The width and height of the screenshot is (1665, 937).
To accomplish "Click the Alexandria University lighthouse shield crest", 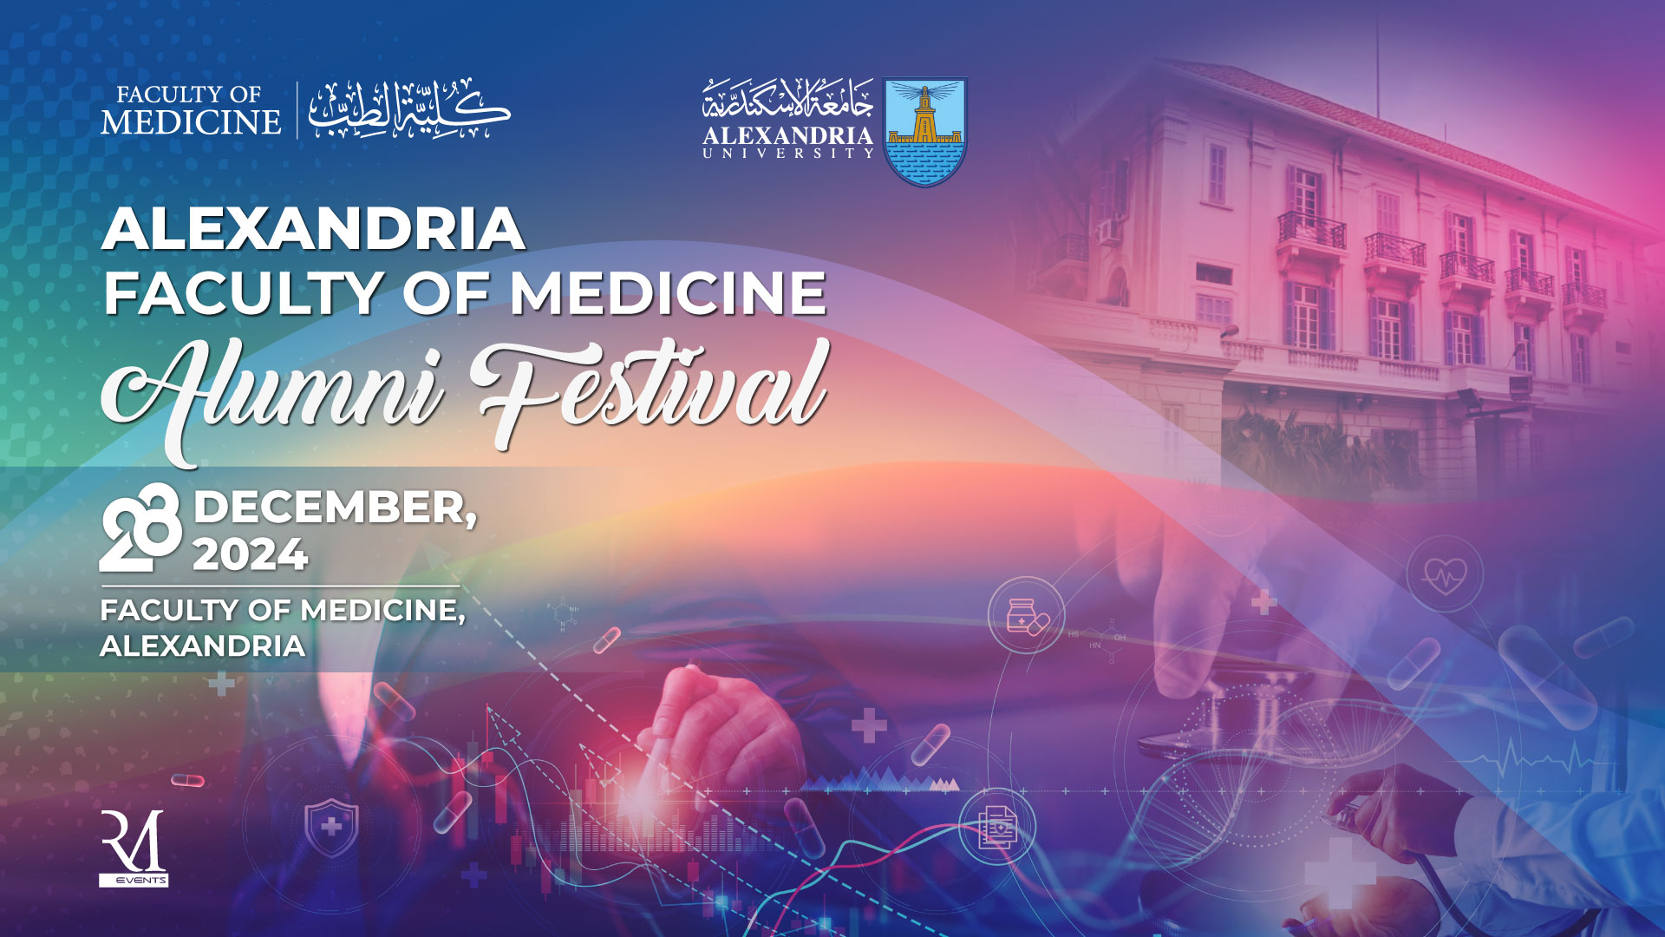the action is point(924,132).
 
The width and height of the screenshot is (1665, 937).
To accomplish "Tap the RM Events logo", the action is point(134,849).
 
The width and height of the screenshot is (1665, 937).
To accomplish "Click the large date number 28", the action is point(141,527).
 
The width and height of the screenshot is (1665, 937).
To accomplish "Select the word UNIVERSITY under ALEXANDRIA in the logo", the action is point(787,154).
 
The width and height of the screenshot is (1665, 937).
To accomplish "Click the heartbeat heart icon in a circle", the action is point(1446,573).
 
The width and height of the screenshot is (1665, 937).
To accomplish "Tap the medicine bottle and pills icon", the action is point(1027,615).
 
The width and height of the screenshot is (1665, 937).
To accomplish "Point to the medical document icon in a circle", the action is point(998,827).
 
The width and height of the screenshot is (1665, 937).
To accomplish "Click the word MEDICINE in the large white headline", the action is point(668,292).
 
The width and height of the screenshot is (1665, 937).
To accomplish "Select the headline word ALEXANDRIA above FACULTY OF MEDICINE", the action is point(313,229).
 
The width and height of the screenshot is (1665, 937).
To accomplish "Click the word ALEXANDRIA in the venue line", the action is point(203,646).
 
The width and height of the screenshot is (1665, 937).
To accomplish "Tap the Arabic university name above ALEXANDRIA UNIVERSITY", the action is point(787,100).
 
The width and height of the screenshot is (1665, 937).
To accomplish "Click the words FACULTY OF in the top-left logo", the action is point(189,94).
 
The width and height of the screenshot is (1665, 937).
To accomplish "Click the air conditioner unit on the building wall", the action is point(1109,231).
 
